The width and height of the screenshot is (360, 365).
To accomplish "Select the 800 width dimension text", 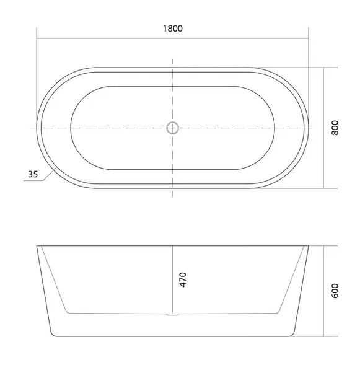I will pyautogui.click(x=335, y=127).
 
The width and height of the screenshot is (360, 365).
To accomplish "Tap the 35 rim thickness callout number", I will pyautogui.click(x=33, y=174).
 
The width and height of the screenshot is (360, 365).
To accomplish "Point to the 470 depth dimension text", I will pyautogui.click(x=182, y=279).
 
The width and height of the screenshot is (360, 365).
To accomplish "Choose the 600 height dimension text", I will pyautogui.click(x=335, y=291).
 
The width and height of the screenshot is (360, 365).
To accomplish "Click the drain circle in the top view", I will pyautogui.click(x=172, y=128).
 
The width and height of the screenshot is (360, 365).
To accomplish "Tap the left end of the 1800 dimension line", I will pyautogui.click(x=37, y=37).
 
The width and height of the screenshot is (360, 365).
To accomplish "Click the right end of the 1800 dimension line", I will pyautogui.click(x=308, y=37).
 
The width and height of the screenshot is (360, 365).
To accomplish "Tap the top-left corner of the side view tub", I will pyautogui.click(x=37, y=246).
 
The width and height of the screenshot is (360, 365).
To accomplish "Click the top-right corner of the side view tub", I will pyautogui.click(x=308, y=246).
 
